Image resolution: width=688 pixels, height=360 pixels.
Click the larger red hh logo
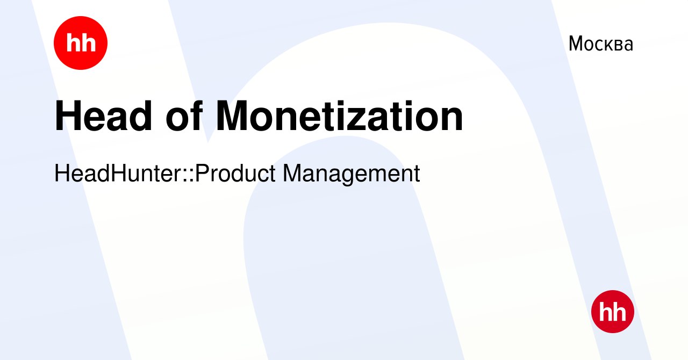pyautogui.click(x=81, y=43)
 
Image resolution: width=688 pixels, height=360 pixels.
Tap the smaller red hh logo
pyautogui.click(x=613, y=312)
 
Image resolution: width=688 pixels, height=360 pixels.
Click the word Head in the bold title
pyautogui.click(x=103, y=116)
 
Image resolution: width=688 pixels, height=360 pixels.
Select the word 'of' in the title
pyautogui.click(x=184, y=116)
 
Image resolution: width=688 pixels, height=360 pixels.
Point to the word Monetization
pyautogui.click(x=339, y=116)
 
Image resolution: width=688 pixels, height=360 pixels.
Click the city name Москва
pyautogui.click(x=601, y=44)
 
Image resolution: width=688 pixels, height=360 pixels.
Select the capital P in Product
pyautogui.click(x=203, y=174)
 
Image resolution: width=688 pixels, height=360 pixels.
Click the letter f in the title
pyautogui.click(x=197, y=115)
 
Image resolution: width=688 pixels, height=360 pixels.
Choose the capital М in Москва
pyautogui.click(x=577, y=44)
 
